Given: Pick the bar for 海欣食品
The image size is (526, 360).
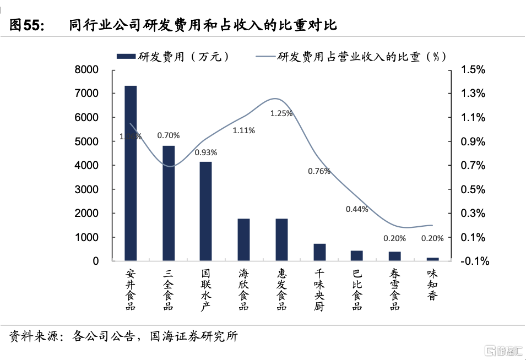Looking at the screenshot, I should pos(244,239).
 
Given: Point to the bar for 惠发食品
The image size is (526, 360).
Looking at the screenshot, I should pos(281,239).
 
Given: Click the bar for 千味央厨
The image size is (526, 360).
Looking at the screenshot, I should pos(319,252).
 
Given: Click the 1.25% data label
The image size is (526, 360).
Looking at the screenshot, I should pos(281,113).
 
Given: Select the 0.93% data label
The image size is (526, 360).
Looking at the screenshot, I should pos(206,152).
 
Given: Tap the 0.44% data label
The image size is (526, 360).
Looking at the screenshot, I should pos(357,209).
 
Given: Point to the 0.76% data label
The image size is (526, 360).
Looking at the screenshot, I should pos(319,171).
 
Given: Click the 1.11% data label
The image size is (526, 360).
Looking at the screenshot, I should pos(243,130).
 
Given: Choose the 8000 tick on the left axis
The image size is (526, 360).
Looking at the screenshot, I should pos(88,70).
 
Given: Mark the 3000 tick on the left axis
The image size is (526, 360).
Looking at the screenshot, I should pos(88,189).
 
